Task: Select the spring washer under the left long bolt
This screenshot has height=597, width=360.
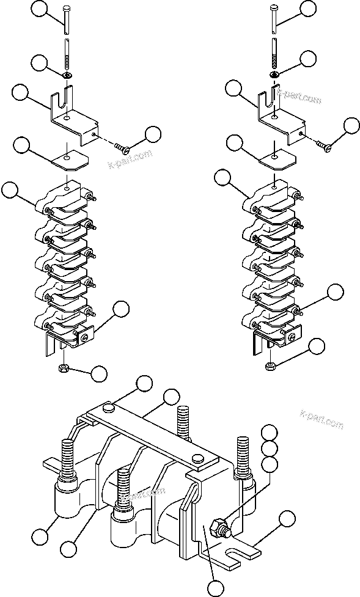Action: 67,75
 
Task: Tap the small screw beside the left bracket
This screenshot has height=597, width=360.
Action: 122,147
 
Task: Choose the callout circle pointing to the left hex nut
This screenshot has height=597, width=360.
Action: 98,372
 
